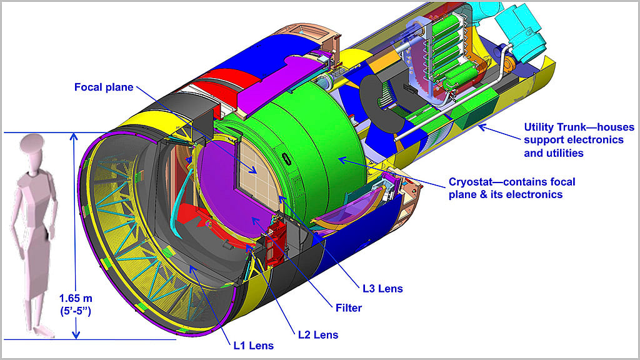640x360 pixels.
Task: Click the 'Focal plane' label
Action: point(104,87)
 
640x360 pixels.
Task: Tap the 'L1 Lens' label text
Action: point(254,346)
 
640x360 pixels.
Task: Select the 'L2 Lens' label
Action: point(318,335)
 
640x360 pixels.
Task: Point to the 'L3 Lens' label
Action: point(382,289)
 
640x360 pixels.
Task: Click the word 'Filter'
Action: point(349,307)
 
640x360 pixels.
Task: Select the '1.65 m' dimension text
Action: point(76,298)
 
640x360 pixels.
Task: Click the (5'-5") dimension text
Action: point(76,311)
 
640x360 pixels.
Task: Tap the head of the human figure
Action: point(32,144)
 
